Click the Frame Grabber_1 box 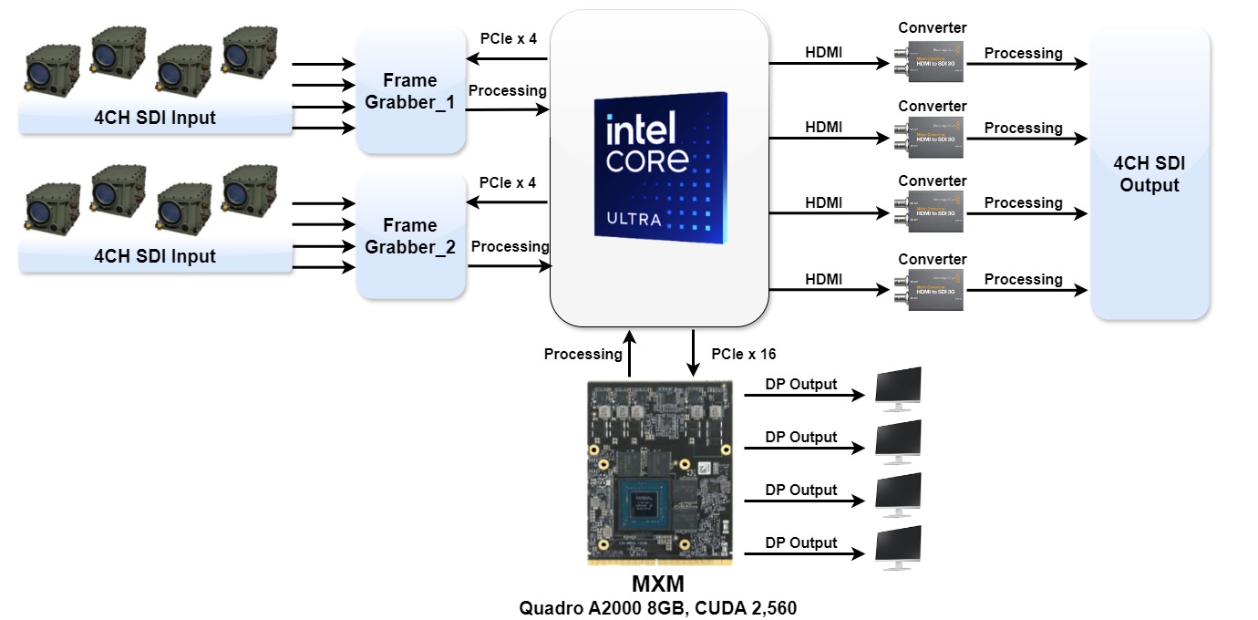coord(410,91)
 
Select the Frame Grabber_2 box coord(410,236)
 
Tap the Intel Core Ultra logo coord(660,165)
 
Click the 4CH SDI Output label coord(1150,174)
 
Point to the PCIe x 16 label coord(743,354)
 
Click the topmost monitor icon coord(898,387)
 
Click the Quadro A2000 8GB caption coord(657,607)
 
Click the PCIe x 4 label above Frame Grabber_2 coord(507,182)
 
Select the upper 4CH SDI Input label coord(155,117)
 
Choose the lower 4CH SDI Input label coord(155,256)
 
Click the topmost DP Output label coord(800,385)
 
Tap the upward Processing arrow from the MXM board coord(629,356)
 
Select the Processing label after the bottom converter coord(1023,279)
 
